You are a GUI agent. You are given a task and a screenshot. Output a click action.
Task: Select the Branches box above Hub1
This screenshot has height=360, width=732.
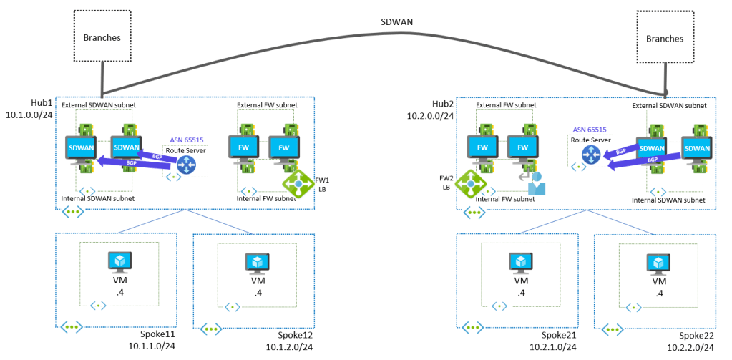point(102,38)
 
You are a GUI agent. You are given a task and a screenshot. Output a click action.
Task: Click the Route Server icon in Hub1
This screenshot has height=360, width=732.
point(186,165)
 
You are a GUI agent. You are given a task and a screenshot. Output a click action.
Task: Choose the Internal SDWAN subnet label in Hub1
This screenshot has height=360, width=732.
point(98,198)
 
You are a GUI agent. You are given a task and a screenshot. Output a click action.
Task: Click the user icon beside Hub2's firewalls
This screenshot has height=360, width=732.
point(535,183)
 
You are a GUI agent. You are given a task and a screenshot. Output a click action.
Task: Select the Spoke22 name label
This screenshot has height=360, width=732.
point(696,335)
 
